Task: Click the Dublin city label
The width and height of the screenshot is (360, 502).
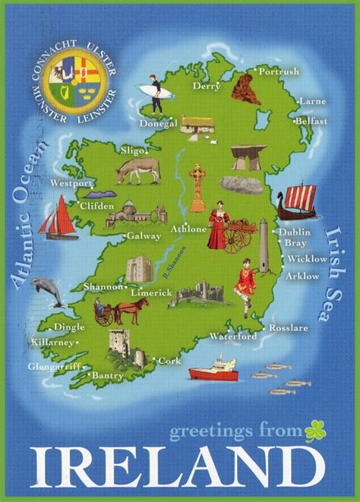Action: (294, 232)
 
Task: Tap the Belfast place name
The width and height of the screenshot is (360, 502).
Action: (312, 121)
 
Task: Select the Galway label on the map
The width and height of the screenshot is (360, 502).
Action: (145, 236)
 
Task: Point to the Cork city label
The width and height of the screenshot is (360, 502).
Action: (170, 361)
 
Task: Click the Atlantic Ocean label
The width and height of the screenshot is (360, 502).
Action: (30, 213)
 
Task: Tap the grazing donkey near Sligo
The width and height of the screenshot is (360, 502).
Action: (137, 172)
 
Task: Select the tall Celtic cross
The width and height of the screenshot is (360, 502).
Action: (197, 186)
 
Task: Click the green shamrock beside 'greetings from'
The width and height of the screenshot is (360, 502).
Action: (315, 431)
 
